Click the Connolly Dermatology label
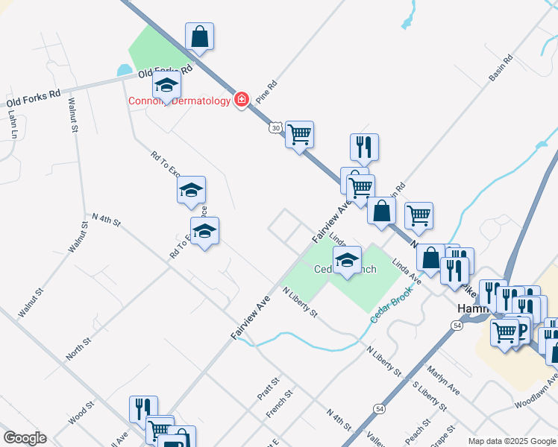(180, 101)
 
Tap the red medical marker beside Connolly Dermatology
(241, 99)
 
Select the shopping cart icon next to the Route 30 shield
(299, 135)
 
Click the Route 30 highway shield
(276, 128)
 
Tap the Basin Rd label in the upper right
(501, 68)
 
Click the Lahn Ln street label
(13, 124)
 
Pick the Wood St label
(81, 413)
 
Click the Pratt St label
(271, 388)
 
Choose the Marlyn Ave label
(443, 379)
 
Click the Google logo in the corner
(25, 438)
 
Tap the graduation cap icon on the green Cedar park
(347, 260)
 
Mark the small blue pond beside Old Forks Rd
(123, 72)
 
